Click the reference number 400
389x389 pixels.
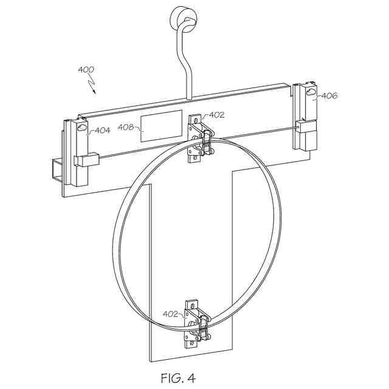86,70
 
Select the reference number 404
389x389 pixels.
102,130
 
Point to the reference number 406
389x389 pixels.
329,95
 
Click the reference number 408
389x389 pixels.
126,128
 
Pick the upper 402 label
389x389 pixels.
218,114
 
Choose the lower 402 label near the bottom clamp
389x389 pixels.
171,314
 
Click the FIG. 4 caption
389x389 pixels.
178,378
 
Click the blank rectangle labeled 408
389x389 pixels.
161,126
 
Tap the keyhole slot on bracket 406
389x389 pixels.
311,92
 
